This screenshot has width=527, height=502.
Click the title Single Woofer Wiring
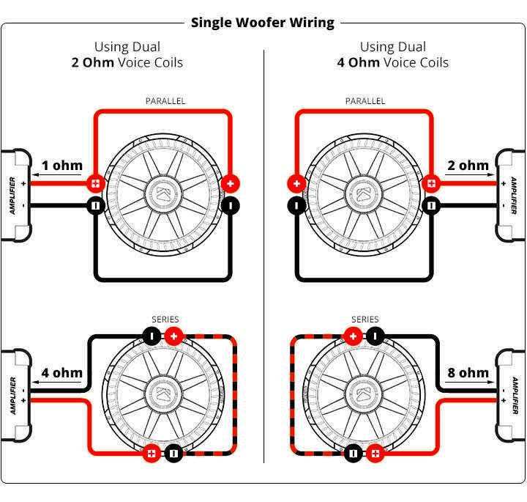pyautogui.click(x=262, y=22)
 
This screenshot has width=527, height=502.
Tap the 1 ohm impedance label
pyautogui.click(x=61, y=165)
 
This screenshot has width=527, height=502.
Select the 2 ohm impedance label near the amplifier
pyautogui.click(x=468, y=165)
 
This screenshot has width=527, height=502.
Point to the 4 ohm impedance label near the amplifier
pyautogui.click(x=61, y=372)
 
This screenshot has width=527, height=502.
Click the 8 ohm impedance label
pyautogui.click(x=468, y=372)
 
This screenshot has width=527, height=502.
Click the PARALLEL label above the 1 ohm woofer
pyautogui.click(x=165, y=101)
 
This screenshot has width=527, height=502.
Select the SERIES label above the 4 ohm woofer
pyautogui.click(x=165, y=320)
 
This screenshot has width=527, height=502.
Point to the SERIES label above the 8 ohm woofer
pyautogui.click(x=365, y=320)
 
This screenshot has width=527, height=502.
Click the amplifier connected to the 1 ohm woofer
pyautogui.click(x=15, y=195)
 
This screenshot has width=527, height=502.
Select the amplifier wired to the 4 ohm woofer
pyautogui.click(x=15, y=396)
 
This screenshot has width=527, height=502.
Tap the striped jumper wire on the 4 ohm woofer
pyautogui.click(x=235, y=396)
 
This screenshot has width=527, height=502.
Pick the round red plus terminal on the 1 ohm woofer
pyautogui.click(x=231, y=183)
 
